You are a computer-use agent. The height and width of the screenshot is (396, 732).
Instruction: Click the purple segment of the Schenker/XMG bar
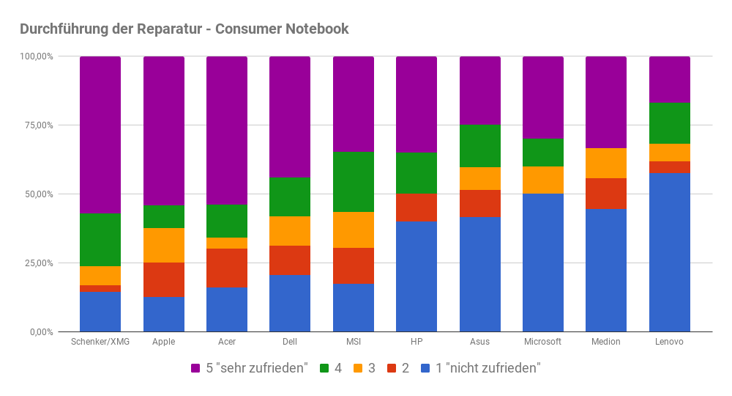point(100,135)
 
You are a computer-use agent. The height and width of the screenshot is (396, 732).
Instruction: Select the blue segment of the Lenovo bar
point(670,252)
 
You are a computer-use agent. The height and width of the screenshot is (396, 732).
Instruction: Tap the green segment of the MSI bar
point(354,182)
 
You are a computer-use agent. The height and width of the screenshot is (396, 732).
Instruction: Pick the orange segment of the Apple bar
point(164,245)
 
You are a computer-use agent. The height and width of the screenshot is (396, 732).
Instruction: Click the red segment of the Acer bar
point(227,268)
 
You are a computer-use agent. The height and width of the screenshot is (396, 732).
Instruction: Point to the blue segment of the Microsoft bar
point(543,263)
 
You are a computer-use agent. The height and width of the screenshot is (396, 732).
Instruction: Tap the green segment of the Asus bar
point(480,146)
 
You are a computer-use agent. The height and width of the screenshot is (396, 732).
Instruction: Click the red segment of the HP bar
point(417,208)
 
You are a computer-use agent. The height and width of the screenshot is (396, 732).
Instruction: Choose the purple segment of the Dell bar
point(290,117)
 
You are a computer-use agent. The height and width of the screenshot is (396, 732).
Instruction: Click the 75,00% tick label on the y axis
point(37,125)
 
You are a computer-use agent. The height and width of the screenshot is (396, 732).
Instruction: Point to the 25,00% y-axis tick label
point(37,263)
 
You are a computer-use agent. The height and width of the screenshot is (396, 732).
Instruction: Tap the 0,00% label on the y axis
point(40,332)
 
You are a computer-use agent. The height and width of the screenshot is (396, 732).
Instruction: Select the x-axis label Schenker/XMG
point(100,342)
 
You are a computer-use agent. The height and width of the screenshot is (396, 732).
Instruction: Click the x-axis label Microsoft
point(543,342)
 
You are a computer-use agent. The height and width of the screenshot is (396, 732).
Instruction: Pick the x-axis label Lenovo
point(670,342)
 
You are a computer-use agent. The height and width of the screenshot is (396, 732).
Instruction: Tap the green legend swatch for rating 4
point(324,368)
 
